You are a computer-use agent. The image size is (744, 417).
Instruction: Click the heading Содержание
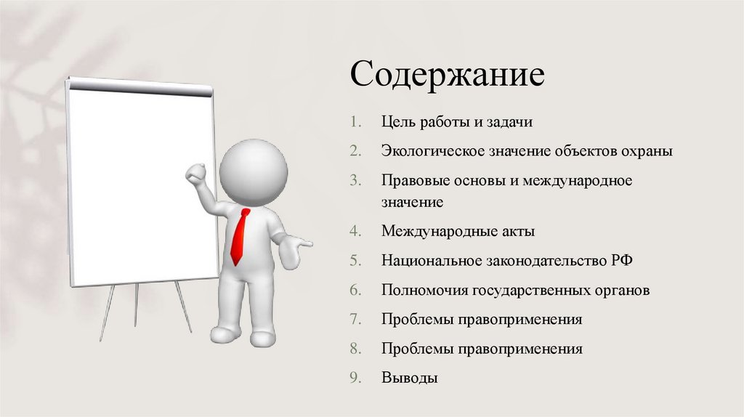(x=447, y=76)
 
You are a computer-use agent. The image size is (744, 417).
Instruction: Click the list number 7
(x=354, y=319)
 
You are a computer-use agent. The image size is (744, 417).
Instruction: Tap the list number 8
(x=354, y=349)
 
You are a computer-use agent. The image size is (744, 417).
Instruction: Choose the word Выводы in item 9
(x=410, y=378)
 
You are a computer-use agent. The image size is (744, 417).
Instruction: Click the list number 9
(x=354, y=378)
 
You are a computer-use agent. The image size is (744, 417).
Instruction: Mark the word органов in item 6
(x=622, y=291)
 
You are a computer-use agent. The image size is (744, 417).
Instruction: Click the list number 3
(x=354, y=181)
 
